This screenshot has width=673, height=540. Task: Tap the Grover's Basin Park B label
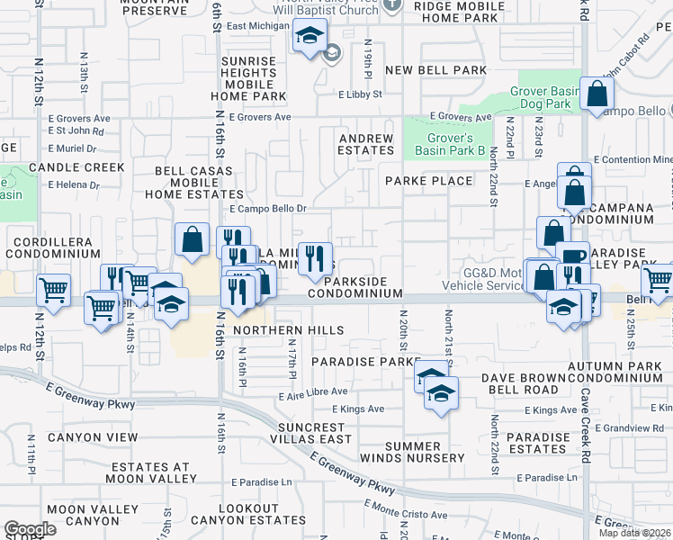pyautogui.click(x=456, y=144)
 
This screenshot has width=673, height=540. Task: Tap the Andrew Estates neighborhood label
pyautogui.click(x=366, y=145)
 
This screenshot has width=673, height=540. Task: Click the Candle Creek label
pyautogui.click(x=76, y=167)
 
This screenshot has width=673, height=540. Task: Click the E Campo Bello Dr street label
pyautogui.click(x=268, y=208)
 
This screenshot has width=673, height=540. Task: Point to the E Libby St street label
pyautogui.click(x=360, y=94)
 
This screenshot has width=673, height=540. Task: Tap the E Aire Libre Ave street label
pyautogui.click(x=313, y=391)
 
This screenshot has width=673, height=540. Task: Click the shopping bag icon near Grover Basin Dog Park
pyautogui.click(x=597, y=93)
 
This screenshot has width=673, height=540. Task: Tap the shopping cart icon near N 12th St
pyautogui.click(x=54, y=290)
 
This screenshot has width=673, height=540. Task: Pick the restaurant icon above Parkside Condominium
pyautogui.click(x=315, y=259)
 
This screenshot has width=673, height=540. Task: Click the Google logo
pyautogui.click(x=30, y=529)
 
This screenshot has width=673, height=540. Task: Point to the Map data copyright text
pyautogui.click(x=635, y=533)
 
